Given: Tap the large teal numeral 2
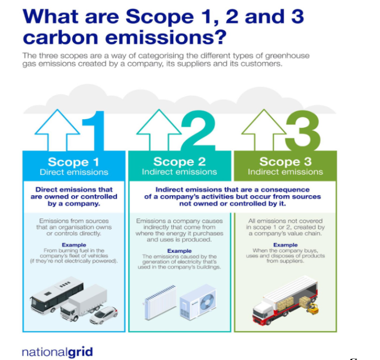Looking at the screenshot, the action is click(x=198, y=131).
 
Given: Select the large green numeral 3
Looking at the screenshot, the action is click(x=303, y=131).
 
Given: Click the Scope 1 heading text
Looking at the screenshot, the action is click(x=74, y=162).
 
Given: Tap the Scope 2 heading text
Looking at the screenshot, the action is click(x=179, y=162).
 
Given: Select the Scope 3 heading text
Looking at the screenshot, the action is click(x=286, y=162).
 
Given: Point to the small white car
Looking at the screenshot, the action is click(x=104, y=315).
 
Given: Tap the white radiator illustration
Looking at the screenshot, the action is click(x=160, y=302).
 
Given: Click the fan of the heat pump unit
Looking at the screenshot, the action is click(x=208, y=302).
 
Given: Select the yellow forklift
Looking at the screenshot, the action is click(x=312, y=309).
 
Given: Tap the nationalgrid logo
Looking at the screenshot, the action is click(x=57, y=352).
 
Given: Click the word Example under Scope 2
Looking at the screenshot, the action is click(x=179, y=251).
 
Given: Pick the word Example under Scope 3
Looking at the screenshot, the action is click(x=286, y=245).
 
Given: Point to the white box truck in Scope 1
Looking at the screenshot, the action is click(x=83, y=302).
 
